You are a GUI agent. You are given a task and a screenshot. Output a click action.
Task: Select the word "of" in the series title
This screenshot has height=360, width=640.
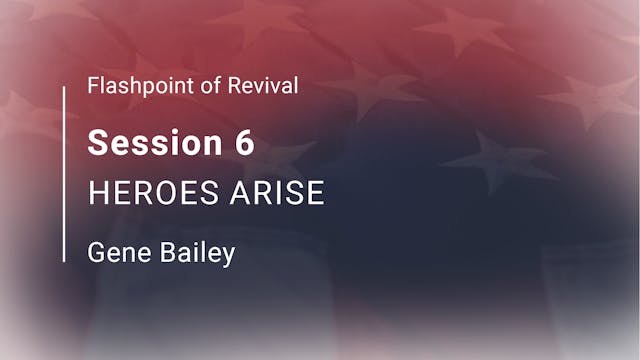point(200,86)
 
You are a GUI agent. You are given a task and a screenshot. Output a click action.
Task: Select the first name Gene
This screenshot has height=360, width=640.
point(111,252)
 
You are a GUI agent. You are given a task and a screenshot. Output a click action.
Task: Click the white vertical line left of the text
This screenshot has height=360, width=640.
point(65,174)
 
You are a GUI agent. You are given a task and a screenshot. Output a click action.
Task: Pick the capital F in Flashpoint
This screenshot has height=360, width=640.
point(93,86)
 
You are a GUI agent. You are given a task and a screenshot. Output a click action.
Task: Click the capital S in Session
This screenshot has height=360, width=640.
point(98,143)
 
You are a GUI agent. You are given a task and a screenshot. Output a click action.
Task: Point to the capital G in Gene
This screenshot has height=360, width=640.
point(96,252)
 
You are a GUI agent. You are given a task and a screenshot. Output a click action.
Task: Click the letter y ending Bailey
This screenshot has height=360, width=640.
point(228,255)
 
